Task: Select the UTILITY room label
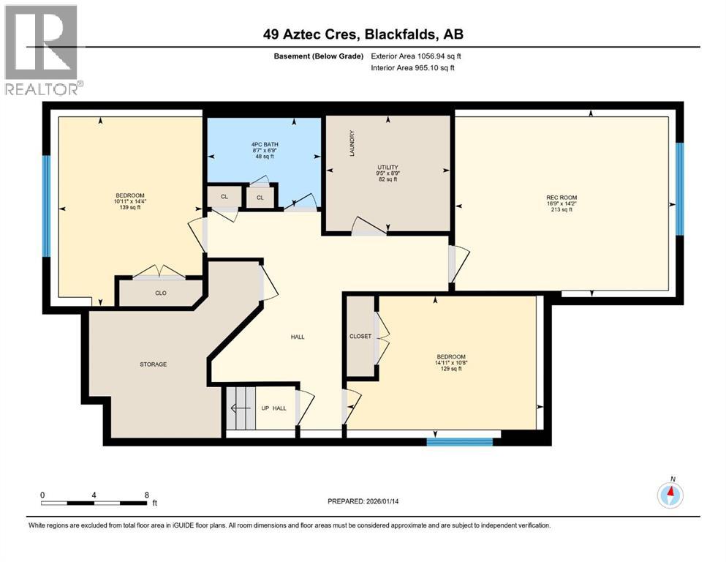387,167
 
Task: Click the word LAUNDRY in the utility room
352,143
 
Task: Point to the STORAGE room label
154,364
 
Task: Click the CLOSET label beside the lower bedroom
360,336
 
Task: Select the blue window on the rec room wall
679,188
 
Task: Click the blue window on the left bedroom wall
46,206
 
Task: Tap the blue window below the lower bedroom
459,441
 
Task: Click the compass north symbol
670,495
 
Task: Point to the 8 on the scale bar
147,495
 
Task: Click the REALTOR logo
42,50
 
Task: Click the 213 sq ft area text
561,209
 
